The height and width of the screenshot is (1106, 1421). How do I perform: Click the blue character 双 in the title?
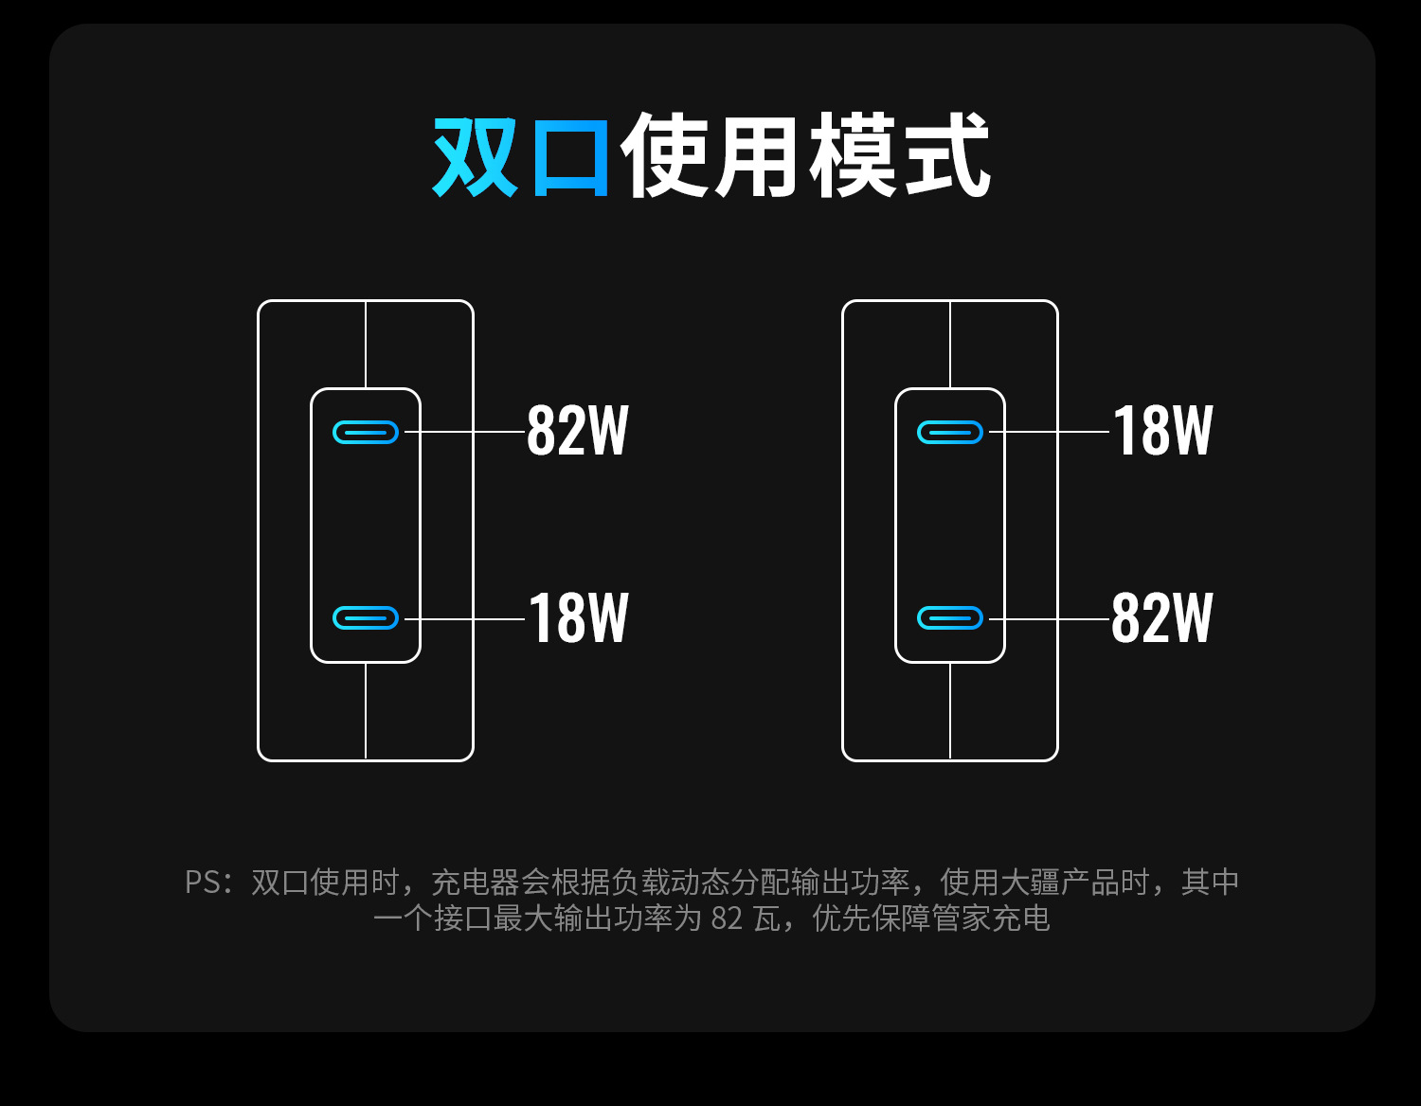click(477, 157)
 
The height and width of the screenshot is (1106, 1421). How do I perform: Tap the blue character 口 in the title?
click(572, 157)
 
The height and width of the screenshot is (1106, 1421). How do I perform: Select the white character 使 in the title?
click(666, 155)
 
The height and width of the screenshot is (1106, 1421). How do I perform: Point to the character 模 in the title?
click(853, 155)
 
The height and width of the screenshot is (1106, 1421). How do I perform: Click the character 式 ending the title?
click(947, 155)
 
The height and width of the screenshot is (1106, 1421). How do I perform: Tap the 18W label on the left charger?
click(579, 617)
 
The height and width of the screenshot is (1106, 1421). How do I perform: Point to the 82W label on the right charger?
click(1162, 617)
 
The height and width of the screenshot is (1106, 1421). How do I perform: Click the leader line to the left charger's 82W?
click(464, 432)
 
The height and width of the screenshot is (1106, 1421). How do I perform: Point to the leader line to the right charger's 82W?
click(1049, 618)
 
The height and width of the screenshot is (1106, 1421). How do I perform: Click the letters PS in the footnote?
click(203, 883)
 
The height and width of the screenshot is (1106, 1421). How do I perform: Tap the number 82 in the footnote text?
click(728, 919)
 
